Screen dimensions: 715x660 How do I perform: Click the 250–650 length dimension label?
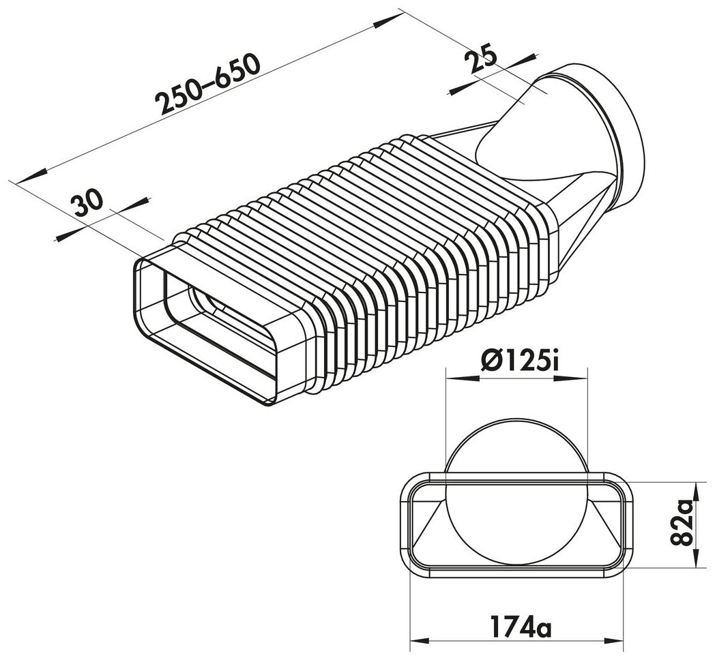[208, 85]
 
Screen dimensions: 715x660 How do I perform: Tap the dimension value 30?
[89, 202]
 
